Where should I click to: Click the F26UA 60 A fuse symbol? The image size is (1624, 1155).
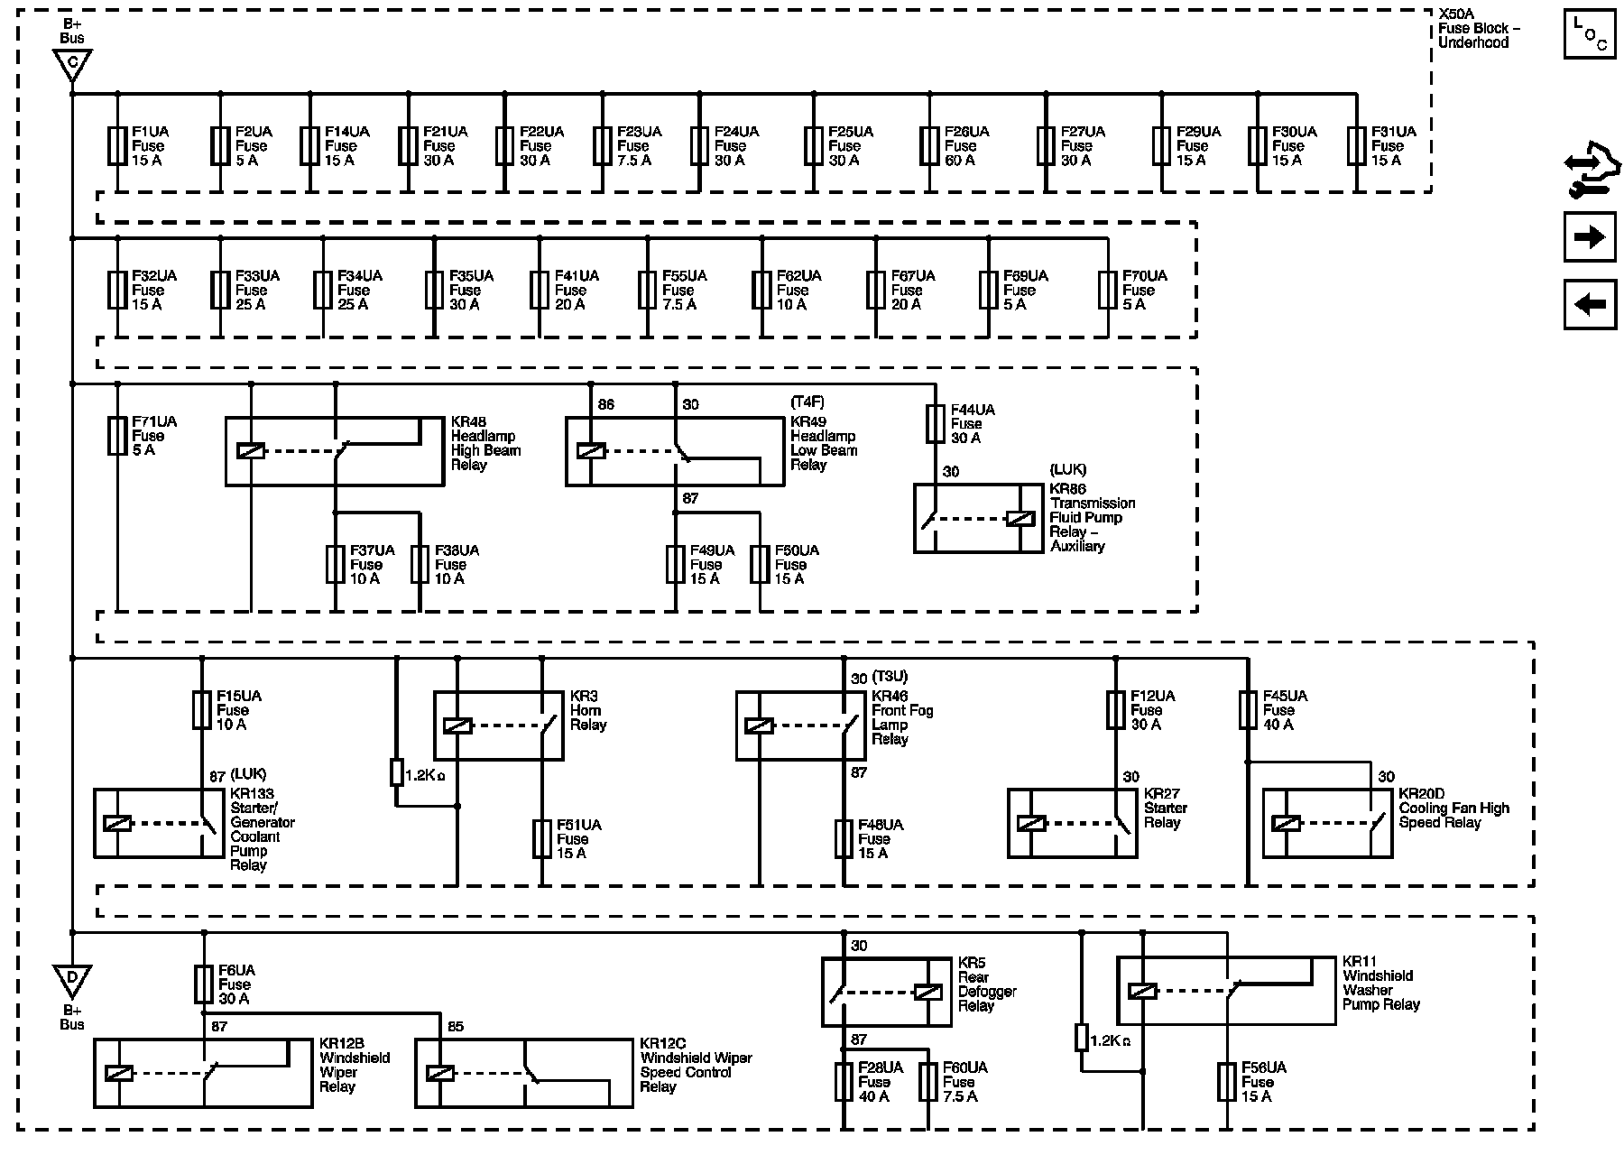(x=930, y=145)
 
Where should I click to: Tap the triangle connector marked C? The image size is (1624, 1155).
(x=72, y=65)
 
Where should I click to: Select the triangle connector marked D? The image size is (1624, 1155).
(x=72, y=979)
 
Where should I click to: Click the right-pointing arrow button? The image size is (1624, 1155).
(x=1589, y=237)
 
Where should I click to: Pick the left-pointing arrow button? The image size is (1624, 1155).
(x=1589, y=304)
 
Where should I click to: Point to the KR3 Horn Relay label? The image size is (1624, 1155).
(x=588, y=711)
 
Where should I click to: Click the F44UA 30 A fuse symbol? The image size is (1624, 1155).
(x=936, y=423)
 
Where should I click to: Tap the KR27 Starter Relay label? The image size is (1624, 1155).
(x=1165, y=808)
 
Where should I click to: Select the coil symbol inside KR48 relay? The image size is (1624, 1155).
(x=250, y=450)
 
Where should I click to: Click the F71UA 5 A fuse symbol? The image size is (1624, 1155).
(x=117, y=436)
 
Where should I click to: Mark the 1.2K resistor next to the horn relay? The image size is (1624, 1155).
(x=396, y=773)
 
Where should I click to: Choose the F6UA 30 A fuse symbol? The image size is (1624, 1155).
(x=204, y=984)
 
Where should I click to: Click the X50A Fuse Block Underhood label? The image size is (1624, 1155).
(x=1479, y=29)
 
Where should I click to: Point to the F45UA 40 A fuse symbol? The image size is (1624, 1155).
(x=1248, y=710)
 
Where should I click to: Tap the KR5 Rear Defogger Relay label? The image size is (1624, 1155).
(x=987, y=984)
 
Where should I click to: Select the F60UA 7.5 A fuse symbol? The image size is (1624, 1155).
(x=928, y=1082)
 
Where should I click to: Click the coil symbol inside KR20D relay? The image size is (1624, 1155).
(x=1286, y=823)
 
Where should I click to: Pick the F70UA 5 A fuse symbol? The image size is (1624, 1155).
(x=1108, y=290)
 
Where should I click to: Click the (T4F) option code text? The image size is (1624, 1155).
(x=807, y=402)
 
